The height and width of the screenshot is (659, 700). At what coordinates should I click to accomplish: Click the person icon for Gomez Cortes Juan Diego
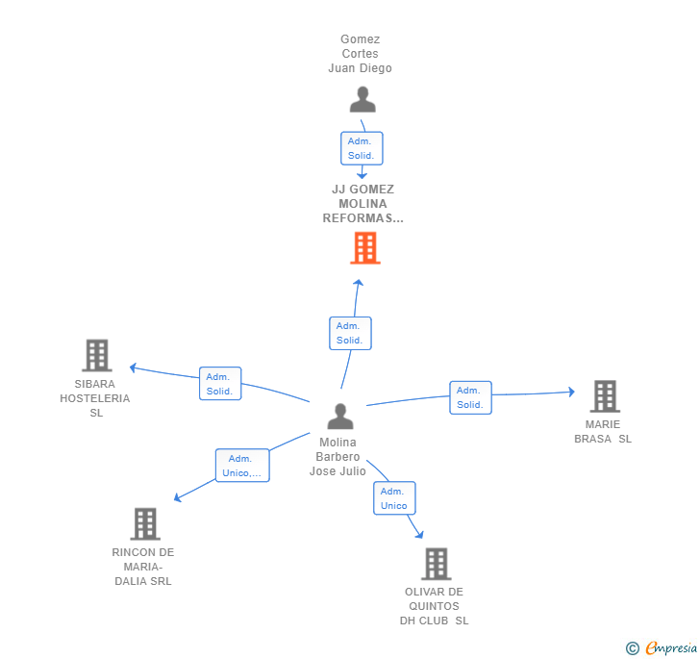coord(362,100)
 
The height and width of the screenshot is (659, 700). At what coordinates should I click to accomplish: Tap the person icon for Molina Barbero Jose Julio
coord(340,417)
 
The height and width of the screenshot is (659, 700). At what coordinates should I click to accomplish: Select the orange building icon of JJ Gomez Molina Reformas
coord(364,248)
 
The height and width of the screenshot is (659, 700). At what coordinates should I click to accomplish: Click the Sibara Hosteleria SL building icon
coord(96,355)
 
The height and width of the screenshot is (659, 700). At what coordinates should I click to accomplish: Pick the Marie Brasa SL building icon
coord(604,395)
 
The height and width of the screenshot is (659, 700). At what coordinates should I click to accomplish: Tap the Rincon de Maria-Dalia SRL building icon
coord(144,524)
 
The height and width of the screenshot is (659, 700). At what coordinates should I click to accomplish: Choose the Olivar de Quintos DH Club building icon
coord(436,564)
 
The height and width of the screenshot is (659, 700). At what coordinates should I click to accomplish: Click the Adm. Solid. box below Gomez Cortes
coord(362,148)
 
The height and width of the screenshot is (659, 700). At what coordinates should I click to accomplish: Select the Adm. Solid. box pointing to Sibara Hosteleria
coord(219,383)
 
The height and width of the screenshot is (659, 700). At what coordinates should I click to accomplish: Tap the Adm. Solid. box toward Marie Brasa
coord(470,397)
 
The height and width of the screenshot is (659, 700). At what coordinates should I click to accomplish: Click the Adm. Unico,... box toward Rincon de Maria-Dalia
coord(241,466)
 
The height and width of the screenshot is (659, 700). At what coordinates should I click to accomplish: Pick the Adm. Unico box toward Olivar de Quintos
coord(394,498)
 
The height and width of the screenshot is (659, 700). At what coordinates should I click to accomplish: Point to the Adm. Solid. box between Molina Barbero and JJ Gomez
coord(349,333)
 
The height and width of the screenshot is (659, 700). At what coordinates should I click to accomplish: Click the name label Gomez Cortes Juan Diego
coord(361,54)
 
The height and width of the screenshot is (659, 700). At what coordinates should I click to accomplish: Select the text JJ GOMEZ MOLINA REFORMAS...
coord(363,204)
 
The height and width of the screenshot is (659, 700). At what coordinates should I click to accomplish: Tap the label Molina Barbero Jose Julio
coord(337,457)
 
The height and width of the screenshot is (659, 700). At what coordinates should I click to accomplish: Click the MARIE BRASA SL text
coord(603,432)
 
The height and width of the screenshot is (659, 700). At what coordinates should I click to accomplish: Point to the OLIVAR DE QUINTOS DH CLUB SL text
coord(435,606)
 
